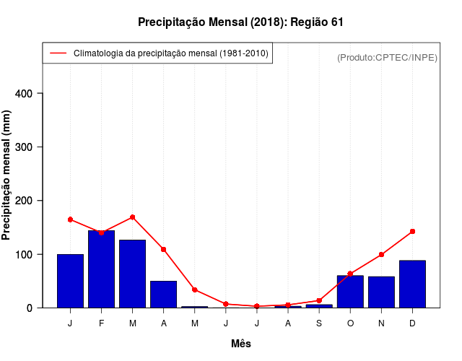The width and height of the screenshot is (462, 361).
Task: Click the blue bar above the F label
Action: (101, 269)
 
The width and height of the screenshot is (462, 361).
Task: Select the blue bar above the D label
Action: (412, 284)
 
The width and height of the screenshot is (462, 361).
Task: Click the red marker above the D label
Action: (412, 231)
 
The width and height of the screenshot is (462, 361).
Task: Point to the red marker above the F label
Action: (101, 232)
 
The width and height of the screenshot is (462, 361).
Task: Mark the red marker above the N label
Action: (381, 254)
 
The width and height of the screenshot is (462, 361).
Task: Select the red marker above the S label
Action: (319, 300)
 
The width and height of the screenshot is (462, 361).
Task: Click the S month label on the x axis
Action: (319, 323)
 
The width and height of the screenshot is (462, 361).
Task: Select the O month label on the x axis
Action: (350, 323)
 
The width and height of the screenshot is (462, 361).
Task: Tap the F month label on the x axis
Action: (101, 323)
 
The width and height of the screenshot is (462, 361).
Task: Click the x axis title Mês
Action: (241, 344)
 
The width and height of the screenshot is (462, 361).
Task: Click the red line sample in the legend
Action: (57, 53)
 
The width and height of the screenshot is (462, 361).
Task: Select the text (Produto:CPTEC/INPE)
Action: (387, 57)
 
